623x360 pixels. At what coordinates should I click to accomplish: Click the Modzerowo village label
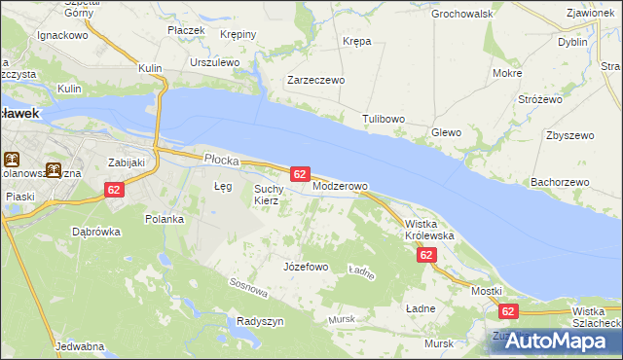click(340, 186)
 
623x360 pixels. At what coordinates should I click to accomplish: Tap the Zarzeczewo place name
click(315, 81)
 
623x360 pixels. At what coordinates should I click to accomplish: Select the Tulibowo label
click(384, 120)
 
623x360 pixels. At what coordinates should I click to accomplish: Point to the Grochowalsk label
click(462, 15)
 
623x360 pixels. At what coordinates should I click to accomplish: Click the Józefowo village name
click(305, 267)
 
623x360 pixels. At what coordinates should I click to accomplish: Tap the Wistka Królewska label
click(429, 230)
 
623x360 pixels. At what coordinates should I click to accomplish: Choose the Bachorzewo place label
click(560, 182)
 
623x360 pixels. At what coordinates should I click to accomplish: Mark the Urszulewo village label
click(215, 62)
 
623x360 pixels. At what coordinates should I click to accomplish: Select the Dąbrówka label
click(95, 232)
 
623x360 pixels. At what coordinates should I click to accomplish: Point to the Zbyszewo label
click(570, 135)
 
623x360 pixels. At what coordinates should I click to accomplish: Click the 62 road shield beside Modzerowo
click(300, 174)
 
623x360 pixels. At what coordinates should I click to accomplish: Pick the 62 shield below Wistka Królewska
click(425, 255)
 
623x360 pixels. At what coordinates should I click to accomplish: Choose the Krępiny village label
click(238, 34)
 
